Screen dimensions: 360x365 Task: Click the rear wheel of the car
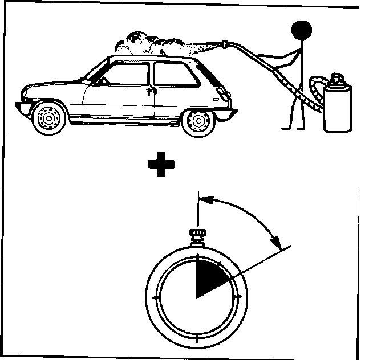click(197, 121)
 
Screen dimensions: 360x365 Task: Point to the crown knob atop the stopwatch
click(197, 234)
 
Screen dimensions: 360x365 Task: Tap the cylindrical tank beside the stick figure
click(336, 108)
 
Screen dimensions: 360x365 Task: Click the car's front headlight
click(27, 91)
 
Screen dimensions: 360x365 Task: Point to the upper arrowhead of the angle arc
click(208, 200)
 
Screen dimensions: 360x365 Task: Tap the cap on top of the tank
click(336, 76)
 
